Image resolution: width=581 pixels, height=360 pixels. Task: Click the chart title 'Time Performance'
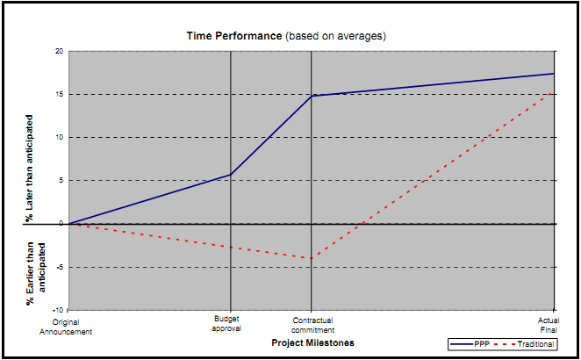233,36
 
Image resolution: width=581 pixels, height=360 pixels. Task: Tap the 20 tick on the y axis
59,51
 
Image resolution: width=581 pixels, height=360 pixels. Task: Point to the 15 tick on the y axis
59,94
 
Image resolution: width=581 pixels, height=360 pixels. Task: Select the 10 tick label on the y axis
59,137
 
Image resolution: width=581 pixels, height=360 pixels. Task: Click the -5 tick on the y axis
59,267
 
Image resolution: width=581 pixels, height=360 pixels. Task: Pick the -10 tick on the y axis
58,310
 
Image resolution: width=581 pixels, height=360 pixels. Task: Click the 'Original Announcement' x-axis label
66,327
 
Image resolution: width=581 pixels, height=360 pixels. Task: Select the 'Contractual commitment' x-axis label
312,324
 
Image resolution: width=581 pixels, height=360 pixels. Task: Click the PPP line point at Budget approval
230,175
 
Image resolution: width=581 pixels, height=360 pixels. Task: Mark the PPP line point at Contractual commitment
312,96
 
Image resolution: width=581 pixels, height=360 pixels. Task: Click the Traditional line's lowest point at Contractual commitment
312,258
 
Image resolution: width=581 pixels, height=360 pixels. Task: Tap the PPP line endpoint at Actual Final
554,74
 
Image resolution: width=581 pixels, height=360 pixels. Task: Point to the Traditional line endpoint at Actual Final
554,90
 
